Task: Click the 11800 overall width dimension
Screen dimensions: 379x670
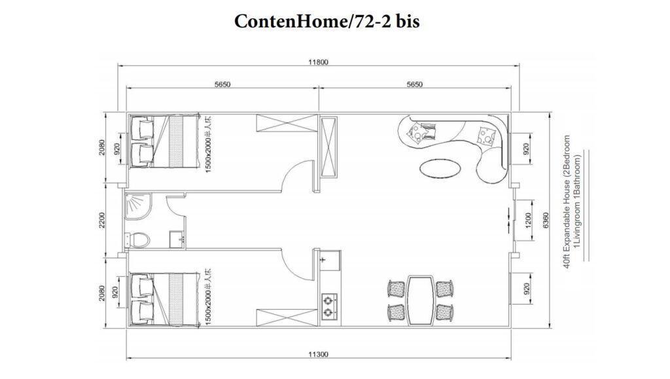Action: click(319, 63)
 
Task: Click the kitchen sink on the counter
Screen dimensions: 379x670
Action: click(328, 261)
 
